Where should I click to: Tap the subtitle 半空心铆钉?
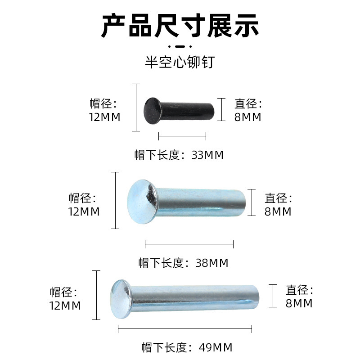click(x=180, y=62)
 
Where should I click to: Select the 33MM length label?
click(x=179, y=155)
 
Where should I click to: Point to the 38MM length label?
click(x=184, y=263)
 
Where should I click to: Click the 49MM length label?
click(x=186, y=347)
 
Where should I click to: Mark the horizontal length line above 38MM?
click(x=189, y=244)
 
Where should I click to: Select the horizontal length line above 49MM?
click(x=184, y=329)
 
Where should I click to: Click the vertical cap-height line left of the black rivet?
click(x=136, y=108)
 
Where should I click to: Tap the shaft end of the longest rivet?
click(x=256, y=298)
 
